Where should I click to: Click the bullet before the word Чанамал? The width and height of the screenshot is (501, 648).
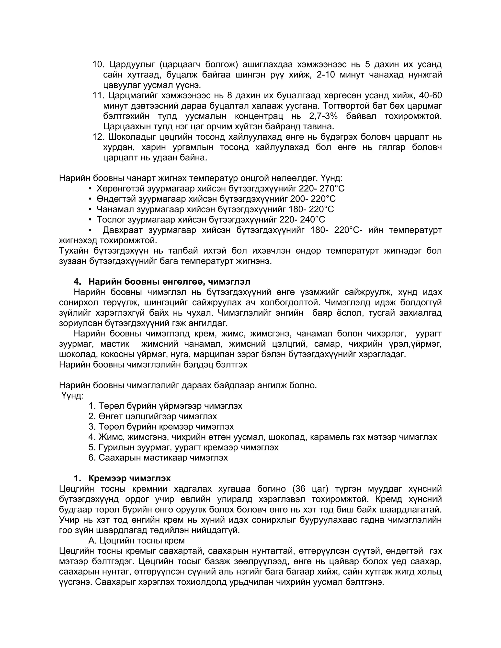pos(90,210)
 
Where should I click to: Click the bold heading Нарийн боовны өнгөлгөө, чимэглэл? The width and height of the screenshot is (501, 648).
pos(169,281)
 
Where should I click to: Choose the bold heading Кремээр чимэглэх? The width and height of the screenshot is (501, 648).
pos(129,478)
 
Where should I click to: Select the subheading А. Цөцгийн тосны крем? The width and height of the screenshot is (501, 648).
pos(137,541)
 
